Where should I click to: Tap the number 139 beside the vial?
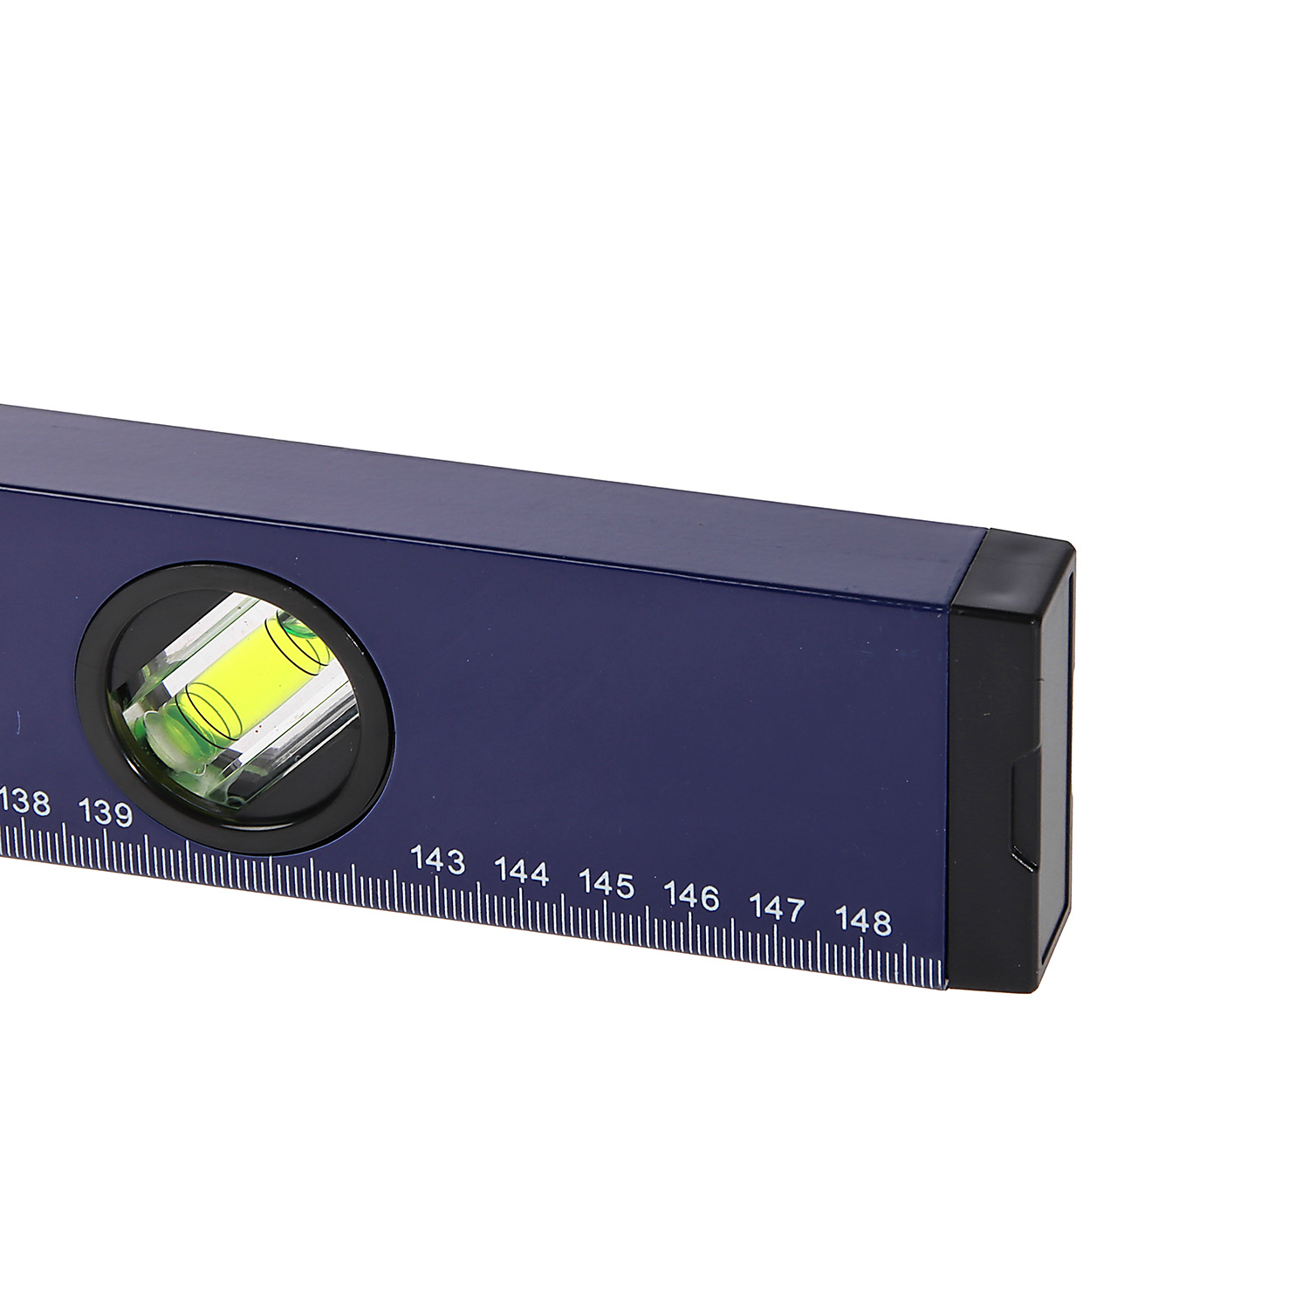click(x=106, y=814)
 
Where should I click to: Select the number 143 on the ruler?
click(x=438, y=860)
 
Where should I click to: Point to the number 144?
click(x=522, y=871)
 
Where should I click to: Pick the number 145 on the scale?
click(x=607, y=884)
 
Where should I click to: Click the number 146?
click(x=692, y=896)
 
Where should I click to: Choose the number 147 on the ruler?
click(x=777, y=908)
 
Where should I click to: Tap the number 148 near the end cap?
click(x=863, y=922)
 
